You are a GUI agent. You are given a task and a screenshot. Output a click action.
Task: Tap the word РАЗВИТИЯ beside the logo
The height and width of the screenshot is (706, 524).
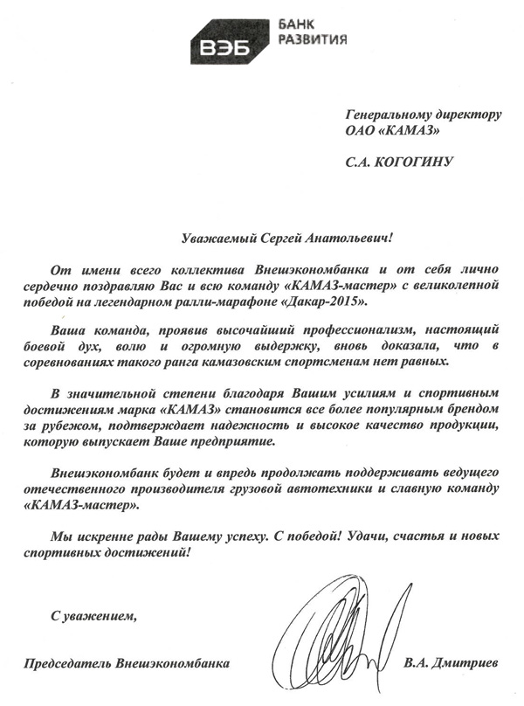tap(315, 39)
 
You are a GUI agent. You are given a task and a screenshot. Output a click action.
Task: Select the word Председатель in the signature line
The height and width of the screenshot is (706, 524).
tap(67, 664)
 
